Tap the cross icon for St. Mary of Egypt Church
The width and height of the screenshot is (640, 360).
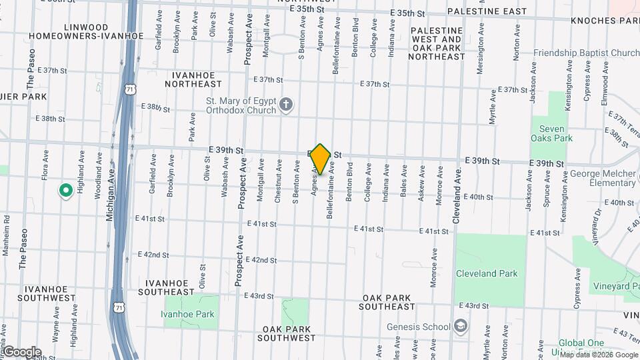[286, 105]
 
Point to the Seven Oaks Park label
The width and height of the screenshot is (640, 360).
[551, 133]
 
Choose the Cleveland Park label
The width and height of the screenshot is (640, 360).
[485, 273]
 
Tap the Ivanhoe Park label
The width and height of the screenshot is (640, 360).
[191, 314]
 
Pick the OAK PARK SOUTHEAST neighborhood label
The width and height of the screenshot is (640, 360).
[398, 302]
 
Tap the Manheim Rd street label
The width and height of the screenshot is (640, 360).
[6, 235]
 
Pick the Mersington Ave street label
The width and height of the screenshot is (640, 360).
[480, 51]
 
